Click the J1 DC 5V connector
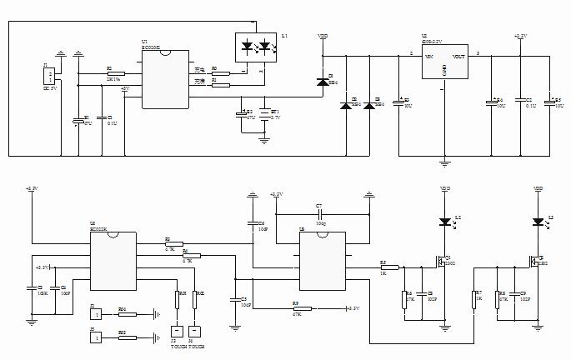pos(49,77)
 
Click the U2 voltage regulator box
pos(445,64)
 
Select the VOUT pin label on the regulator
pos(459,57)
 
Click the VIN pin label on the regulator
pos(429,57)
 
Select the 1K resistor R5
pos(387,267)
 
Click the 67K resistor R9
pos(297,308)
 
